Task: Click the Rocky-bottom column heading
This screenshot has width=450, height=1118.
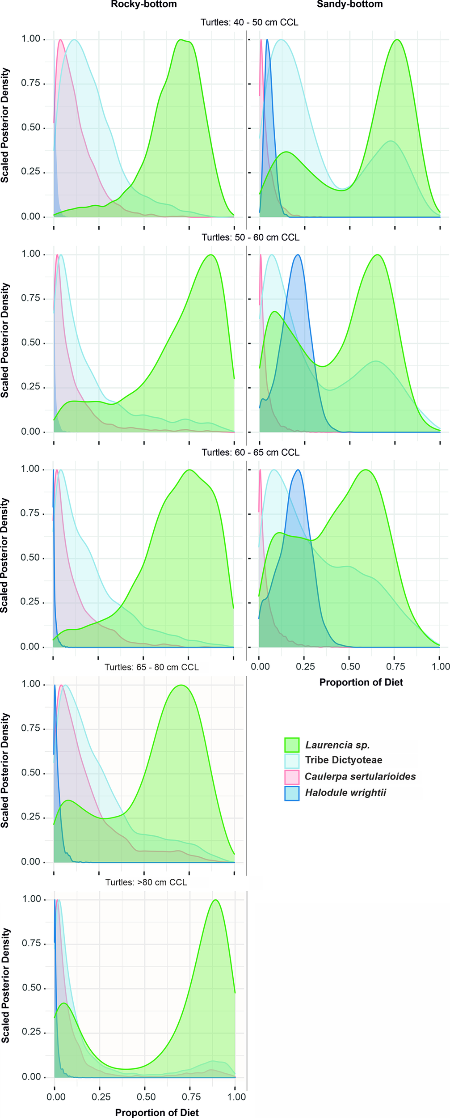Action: pyautogui.click(x=143, y=4)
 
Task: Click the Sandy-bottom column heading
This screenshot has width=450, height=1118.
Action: pyautogui.click(x=349, y=4)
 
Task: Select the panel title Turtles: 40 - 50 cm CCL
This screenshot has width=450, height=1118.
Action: pyautogui.click(x=249, y=22)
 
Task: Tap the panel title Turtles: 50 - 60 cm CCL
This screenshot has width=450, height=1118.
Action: pyautogui.click(x=250, y=237)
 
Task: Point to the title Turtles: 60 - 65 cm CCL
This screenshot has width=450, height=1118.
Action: pyautogui.click(x=250, y=453)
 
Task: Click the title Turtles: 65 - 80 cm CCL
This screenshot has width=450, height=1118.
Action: pyautogui.click(x=151, y=667)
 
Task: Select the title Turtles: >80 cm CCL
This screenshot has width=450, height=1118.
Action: pyautogui.click(x=146, y=882)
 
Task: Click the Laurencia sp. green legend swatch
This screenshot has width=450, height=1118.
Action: pyautogui.click(x=291, y=745)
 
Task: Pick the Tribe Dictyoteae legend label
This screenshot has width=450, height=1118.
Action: pyautogui.click(x=343, y=760)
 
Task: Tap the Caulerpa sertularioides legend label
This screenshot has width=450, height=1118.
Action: pyautogui.click(x=360, y=776)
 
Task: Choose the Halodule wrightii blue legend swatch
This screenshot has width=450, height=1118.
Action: pyautogui.click(x=291, y=793)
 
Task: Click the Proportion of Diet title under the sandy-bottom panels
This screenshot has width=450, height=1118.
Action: pyautogui.click(x=361, y=682)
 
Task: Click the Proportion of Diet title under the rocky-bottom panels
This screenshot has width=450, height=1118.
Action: pyautogui.click(x=157, y=1113)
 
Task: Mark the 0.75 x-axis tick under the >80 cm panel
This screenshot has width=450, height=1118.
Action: pyautogui.click(x=191, y=1097)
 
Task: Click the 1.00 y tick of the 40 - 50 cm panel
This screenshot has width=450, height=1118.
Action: pyautogui.click(x=31, y=39)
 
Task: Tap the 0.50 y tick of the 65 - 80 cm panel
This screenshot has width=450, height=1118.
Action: pyautogui.click(x=31, y=773)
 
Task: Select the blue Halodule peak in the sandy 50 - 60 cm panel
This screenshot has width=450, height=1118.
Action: pyautogui.click(x=298, y=255)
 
